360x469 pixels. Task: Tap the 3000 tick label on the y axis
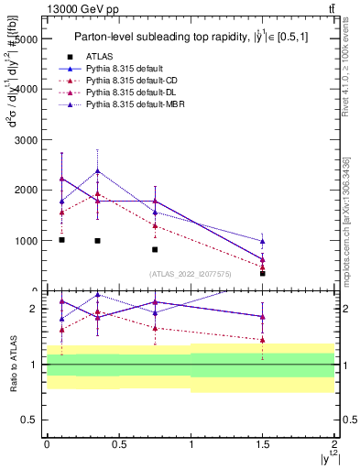26,140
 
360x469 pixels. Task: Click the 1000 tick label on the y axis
26,241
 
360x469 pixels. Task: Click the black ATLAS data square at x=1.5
262,273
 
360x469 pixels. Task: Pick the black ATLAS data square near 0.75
155,249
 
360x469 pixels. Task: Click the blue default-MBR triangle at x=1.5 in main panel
262,242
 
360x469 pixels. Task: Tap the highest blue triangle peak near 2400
97,171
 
